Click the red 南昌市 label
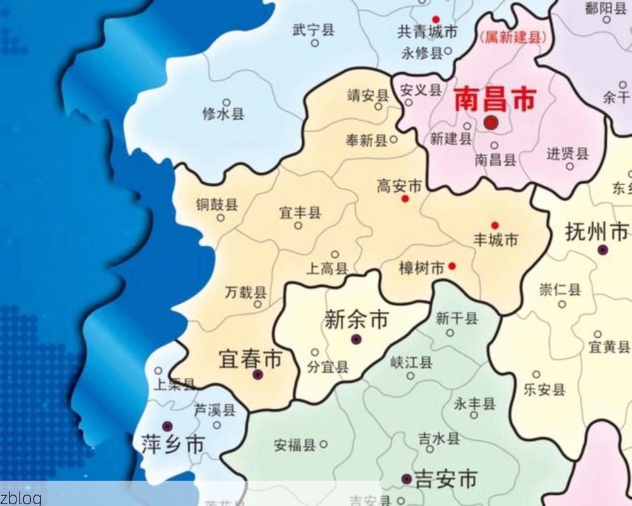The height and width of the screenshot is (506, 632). click(x=495, y=99)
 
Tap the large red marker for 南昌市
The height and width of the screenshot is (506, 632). click(x=491, y=123)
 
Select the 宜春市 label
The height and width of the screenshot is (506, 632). click(x=250, y=359)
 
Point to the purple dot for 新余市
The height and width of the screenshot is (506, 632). click(x=356, y=340)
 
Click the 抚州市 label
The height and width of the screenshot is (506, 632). click(x=597, y=232)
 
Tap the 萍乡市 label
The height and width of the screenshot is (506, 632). click(x=173, y=444)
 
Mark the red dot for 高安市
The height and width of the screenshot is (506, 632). click(x=405, y=199)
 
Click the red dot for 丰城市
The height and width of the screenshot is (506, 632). click(x=495, y=225)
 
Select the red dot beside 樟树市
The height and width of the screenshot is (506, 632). click(x=452, y=266)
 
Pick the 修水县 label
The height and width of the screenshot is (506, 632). click(x=223, y=114)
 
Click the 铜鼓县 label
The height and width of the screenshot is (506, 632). click(x=217, y=204)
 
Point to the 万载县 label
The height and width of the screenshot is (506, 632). click(x=246, y=292)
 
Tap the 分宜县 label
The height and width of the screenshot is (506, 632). click(x=327, y=367)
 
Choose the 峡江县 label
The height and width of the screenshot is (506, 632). click(x=411, y=362)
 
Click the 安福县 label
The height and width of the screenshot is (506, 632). click(x=294, y=445)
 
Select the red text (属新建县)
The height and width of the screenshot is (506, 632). click(x=513, y=38)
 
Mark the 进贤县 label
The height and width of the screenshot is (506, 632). click(x=567, y=154)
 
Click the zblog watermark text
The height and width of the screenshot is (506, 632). click(x=21, y=498)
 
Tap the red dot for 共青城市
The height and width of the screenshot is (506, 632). click(x=435, y=20)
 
